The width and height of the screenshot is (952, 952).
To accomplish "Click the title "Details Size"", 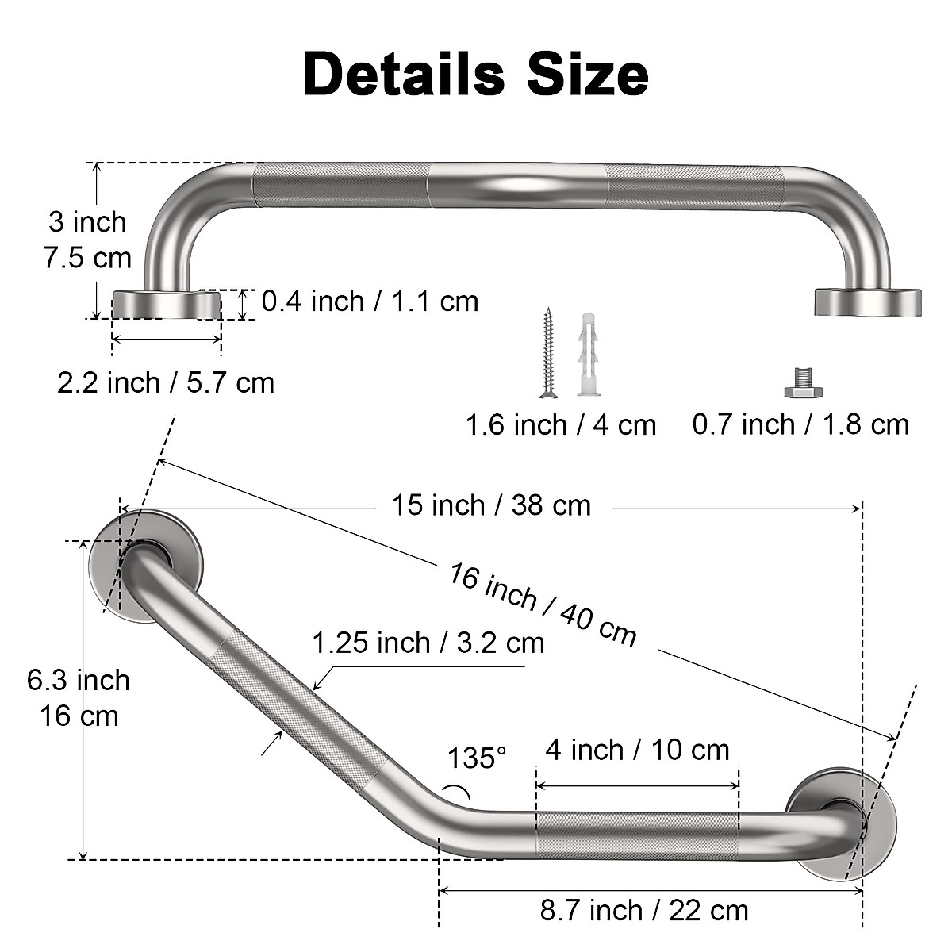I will [x=475, y=73].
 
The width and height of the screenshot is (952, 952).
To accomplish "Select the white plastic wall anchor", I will [x=587, y=355].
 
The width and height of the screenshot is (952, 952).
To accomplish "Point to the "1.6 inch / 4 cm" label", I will [x=560, y=425].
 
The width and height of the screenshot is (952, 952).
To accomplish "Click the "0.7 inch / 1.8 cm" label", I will [x=800, y=424].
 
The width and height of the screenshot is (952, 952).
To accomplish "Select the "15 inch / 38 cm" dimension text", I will [x=491, y=505].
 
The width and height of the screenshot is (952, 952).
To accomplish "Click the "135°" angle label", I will [x=476, y=758].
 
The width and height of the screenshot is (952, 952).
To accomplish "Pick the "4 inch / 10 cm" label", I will [x=637, y=750].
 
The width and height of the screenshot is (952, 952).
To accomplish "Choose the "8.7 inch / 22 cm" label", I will [x=644, y=910].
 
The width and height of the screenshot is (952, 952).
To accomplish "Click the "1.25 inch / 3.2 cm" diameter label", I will [x=428, y=642].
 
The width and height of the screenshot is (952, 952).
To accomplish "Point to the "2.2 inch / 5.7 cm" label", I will [x=165, y=382].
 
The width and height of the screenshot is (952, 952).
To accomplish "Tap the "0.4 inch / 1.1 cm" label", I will [x=370, y=301].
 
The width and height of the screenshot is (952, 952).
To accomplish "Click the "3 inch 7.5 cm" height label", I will [x=87, y=240].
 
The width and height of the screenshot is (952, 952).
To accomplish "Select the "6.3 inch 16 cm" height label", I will [x=79, y=698].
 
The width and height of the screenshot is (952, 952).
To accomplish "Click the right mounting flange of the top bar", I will [x=868, y=301].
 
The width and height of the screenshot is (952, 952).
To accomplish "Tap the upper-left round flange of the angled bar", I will [x=147, y=566].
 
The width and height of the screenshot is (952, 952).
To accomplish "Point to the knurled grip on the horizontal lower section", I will [x=637, y=831].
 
